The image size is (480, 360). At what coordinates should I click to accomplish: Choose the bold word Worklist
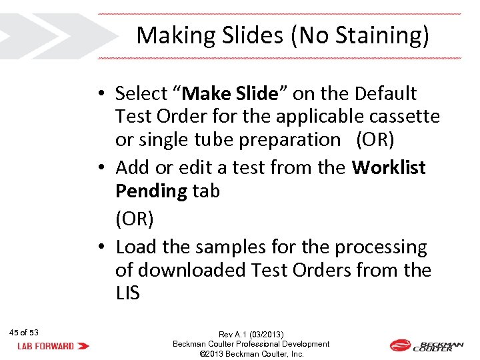[389, 167]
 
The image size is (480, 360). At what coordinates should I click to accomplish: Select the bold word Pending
[151, 191]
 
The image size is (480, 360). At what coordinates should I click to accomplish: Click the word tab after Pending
[206, 191]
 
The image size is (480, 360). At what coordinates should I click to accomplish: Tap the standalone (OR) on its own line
[135, 218]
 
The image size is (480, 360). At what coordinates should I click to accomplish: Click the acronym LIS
[128, 293]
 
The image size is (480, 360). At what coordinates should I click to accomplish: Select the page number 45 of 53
[25, 333]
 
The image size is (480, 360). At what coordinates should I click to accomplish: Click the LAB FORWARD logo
[54, 346]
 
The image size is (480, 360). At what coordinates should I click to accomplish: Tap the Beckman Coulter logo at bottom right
[427, 345]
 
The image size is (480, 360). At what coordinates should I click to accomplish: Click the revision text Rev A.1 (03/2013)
[251, 334]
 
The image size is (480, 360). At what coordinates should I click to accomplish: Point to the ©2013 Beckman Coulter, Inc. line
[251, 354]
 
